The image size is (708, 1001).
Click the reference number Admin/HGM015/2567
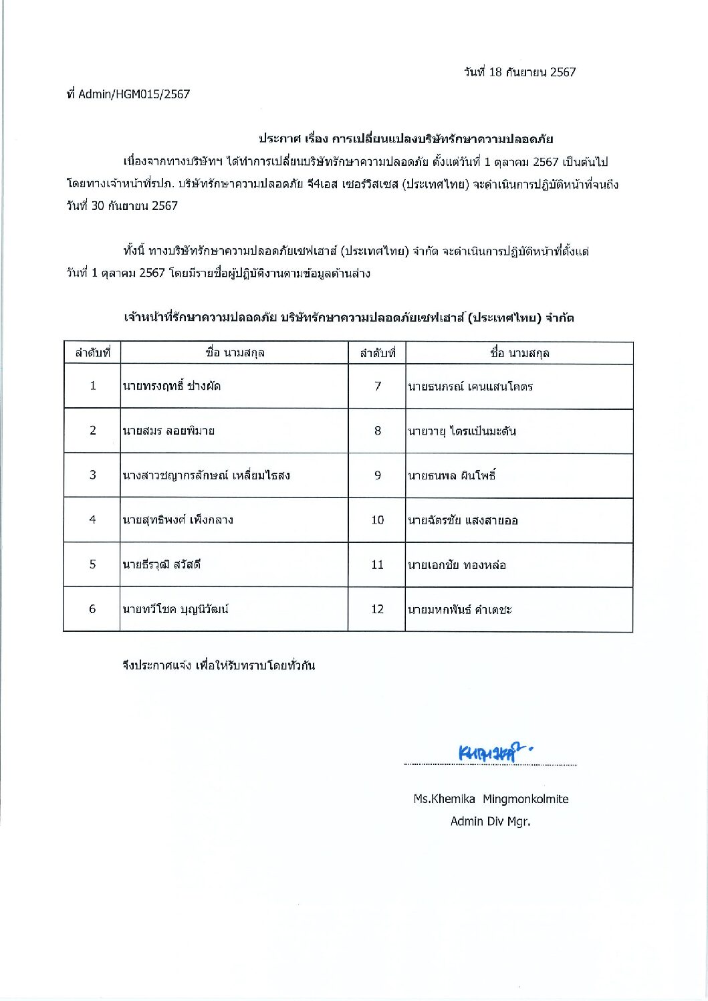pyautogui.click(x=134, y=94)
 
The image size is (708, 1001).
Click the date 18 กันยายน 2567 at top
pyautogui.click(x=519, y=72)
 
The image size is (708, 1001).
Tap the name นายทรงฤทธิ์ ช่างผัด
pyautogui.click(x=172, y=386)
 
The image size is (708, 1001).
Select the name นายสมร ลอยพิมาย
pyautogui.click(x=168, y=431)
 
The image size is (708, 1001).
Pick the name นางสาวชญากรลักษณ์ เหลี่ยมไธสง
pyautogui.click(x=206, y=475)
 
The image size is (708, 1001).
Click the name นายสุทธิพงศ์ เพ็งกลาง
pyautogui.click(x=177, y=520)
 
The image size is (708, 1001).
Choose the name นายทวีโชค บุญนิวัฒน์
pyautogui.click(x=175, y=609)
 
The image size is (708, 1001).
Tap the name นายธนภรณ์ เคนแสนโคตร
pyautogui.click(x=470, y=386)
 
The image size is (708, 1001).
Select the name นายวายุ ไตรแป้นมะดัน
pyautogui.click(x=462, y=431)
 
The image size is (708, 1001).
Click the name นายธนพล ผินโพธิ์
pyautogui.click(x=452, y=476)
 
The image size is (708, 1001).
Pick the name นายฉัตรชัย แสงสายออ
pyautogui.click(x=463, y=520)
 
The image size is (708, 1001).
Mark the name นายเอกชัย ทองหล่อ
pyautogui.click(x=457, y=565)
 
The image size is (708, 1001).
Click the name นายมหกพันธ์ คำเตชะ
pyautogui.click(x=460, y=610)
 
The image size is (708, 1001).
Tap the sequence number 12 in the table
pyautogui.click(x=377, y=609)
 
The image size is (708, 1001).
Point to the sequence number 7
pyautogui.click(x=377, y=386)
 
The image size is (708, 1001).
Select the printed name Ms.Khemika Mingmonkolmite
pyautogui.click(x=491, y=799)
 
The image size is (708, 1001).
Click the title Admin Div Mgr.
pyautogui.click(x=490, y=822)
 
